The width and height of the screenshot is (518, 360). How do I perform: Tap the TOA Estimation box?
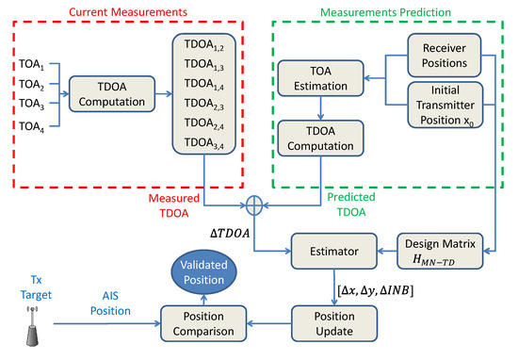pyautogui.click(x=320, y=82)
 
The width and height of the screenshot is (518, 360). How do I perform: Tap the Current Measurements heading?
pyautogui.click(x=131, y=11)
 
